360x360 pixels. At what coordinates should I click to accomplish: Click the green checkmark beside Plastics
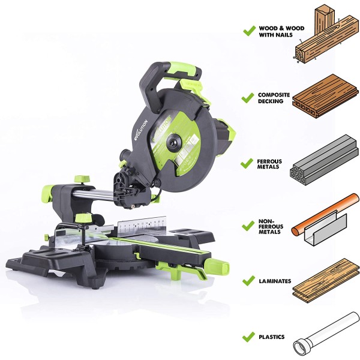[x=248, y=337]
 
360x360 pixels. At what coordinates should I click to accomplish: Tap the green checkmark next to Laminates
[x=248, y=281]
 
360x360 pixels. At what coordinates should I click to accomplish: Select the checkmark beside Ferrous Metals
[x=247, y=163]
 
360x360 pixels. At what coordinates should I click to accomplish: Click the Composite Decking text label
[x=274, y=98]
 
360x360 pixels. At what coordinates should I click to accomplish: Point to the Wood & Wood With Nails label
[x=281, y=31]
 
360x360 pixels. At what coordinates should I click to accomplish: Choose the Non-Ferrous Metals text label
[x=271, y=227]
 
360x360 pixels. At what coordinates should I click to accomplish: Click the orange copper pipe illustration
[x=325, y=214]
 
